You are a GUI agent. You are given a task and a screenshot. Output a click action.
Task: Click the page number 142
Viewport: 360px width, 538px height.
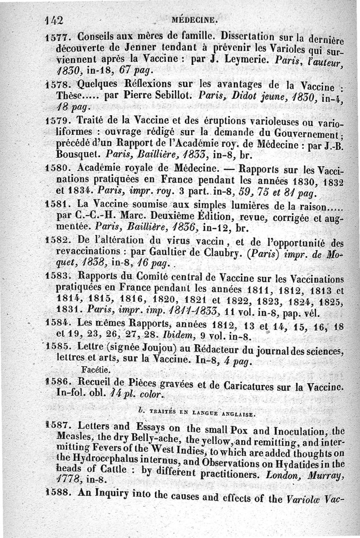tap(53, 20)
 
